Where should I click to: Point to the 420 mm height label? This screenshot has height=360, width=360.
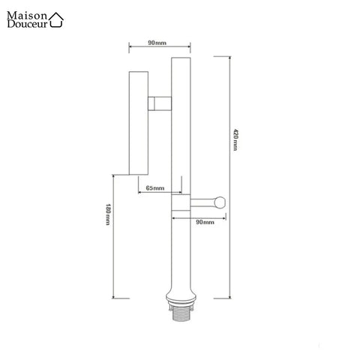(x=235, y=139)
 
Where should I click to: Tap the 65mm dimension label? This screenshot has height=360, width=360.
(x=155, y=187)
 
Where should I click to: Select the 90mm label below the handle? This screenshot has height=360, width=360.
(x=205, y=223)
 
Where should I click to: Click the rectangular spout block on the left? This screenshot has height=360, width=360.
(x=140, y=122)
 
